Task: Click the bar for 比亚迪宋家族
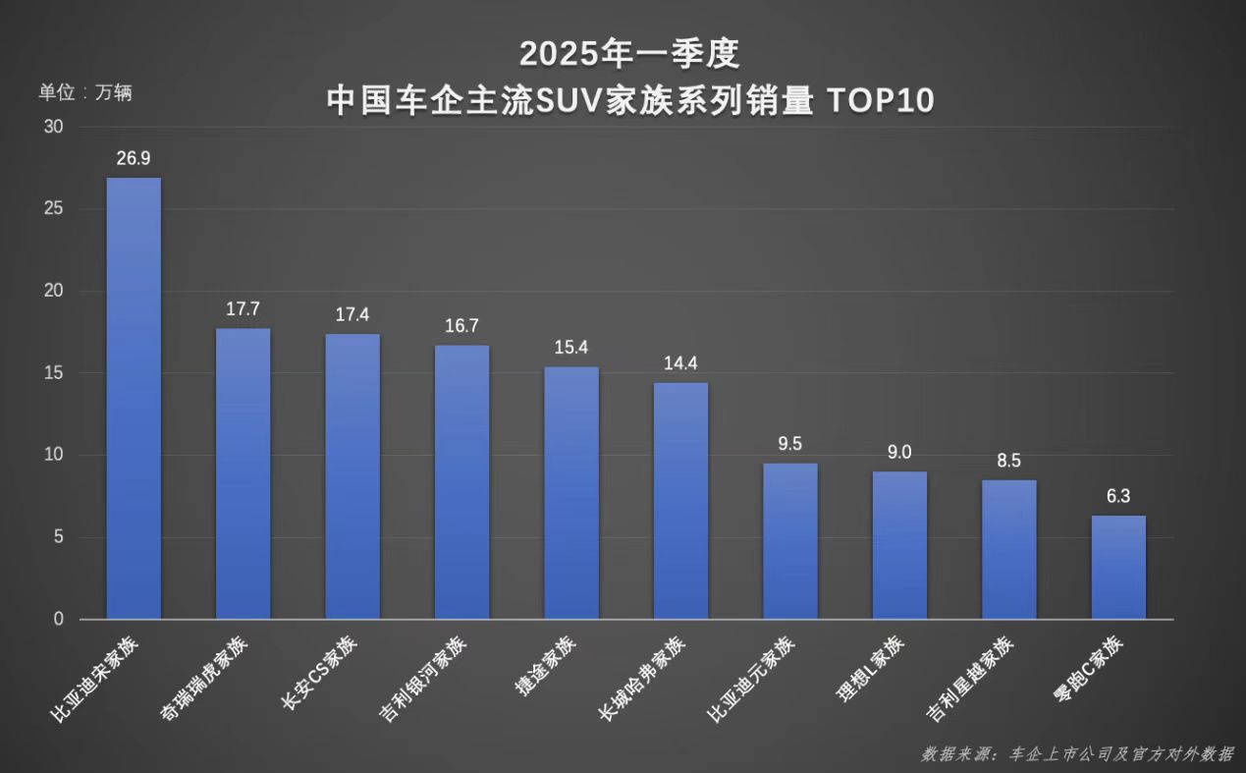(134, 398)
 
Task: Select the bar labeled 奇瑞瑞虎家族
(243, 473)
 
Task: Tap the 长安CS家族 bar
(352, 476)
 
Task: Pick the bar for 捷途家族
(571, 492)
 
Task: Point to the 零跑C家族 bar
(1118, 567)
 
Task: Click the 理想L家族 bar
(899, 545)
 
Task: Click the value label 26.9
(134, 158)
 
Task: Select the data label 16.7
(461, 325)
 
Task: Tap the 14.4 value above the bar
(680, 363)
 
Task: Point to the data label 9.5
(790, 443)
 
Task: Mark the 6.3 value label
(1118, 496)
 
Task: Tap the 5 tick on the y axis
(58, 537)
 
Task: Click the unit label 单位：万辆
(85, 93)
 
